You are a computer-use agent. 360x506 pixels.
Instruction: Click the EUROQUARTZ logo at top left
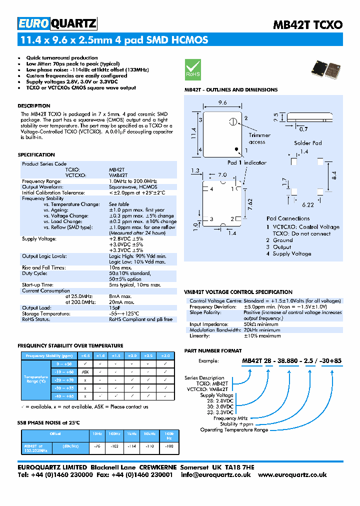57,23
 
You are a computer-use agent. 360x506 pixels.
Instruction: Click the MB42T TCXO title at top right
307,24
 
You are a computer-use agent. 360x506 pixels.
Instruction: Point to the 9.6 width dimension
222,102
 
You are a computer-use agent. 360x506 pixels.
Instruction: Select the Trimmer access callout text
259,138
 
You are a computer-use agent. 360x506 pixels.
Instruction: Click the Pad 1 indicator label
247,162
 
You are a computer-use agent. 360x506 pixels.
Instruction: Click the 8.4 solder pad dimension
334,175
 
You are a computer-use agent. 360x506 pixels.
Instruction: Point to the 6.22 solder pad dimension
307,205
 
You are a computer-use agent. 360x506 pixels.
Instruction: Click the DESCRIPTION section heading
34,106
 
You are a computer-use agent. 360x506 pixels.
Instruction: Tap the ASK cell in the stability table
85,372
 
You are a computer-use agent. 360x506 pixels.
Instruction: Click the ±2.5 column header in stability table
149,355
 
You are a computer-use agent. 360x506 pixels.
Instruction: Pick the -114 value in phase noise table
131,445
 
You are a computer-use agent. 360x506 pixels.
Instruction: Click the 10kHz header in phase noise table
149,433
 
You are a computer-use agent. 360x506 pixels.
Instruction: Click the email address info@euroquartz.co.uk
215,475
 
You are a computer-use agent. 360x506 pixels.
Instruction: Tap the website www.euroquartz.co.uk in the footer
292,475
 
